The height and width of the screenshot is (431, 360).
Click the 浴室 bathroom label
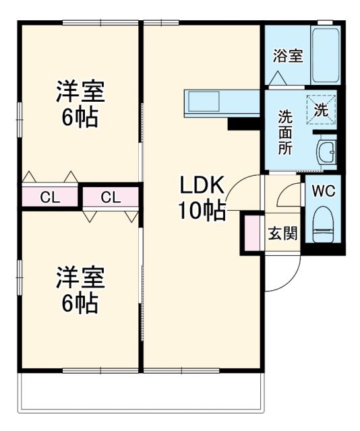[288, 57]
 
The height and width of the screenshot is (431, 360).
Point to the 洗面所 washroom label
[286, 131]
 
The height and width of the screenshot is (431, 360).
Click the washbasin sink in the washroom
[326, 152]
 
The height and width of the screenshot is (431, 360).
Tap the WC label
[323, 191]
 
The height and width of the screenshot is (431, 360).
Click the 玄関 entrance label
[283, 234]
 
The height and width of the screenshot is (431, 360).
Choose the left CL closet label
[49, 197]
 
